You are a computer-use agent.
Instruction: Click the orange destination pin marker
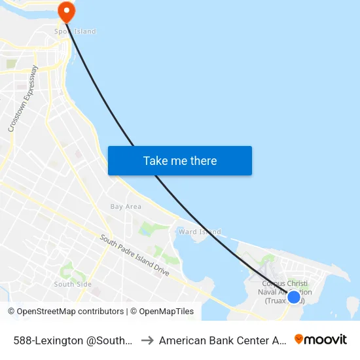(x=66, y=10)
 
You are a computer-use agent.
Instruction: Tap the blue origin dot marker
(x=294, y=297)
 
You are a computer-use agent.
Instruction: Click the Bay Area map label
(x=126, y=207)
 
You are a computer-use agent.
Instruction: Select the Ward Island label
(x=200, y=232)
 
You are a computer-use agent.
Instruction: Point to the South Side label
(x=73, y=284)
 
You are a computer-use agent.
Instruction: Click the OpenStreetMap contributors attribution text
(x=65, y=312)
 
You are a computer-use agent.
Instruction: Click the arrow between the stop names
(x=147, y=340)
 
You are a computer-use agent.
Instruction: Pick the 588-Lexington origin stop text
(x=74, y=340)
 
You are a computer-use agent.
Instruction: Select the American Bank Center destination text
(x=223, y=340)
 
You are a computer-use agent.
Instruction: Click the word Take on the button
(x=155, y=161)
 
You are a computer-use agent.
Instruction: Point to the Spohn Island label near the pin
(x=75, y=31)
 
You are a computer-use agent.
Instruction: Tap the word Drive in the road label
(x=160, y=268)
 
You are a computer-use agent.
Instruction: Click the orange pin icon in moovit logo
(x=299, y=339)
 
